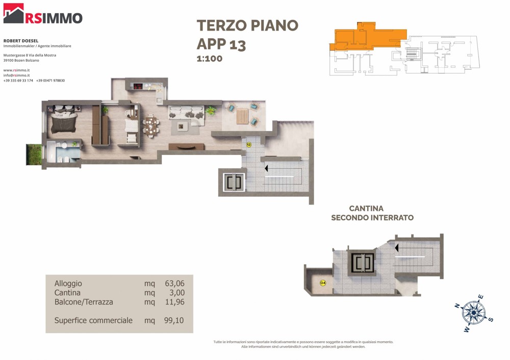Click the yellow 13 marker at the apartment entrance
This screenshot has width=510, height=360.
(249, 145)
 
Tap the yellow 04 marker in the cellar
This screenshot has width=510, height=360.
(323, 283)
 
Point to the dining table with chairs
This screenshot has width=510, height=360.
(151, 126)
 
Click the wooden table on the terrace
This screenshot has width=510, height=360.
(242, 116)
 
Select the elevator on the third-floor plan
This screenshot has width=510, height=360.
(234, 183)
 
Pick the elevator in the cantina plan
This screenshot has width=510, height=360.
(362, 263)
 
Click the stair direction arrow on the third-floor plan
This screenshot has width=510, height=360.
(266, 168)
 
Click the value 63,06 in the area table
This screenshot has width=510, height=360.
(174, 284)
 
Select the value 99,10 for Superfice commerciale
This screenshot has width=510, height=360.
(174, 320)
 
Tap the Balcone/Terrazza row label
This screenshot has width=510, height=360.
(84, 302)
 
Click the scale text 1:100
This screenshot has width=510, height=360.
(210, 59)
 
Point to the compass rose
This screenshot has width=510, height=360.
(474, 313)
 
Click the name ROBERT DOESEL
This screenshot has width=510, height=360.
(21, 41)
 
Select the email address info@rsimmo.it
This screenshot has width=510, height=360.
(17, 75)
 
